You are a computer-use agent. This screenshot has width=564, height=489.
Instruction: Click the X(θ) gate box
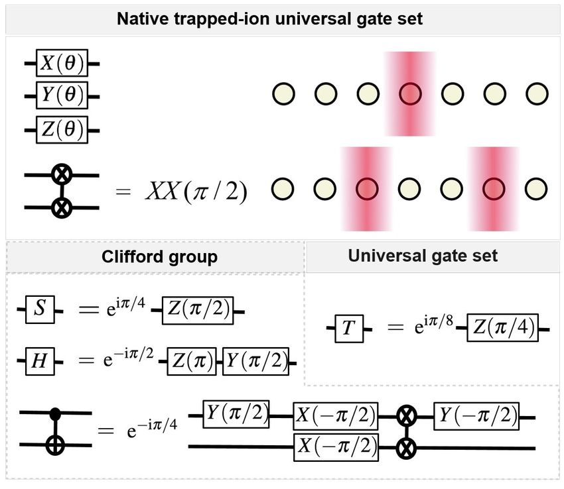(x=62, y=64)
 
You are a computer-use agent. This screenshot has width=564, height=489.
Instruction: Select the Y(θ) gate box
(x=62, y=96)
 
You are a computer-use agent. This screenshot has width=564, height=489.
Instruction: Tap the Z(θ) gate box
(x=62, y=129)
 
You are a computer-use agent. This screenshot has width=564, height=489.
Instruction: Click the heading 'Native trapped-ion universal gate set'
(x=269, y=18)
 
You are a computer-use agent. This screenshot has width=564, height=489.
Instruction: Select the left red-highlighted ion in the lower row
(x=366, y=189)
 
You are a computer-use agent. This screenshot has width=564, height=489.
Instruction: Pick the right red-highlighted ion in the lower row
(x=492, y=189)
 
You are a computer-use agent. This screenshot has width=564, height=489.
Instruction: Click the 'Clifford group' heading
(x=159, y=257)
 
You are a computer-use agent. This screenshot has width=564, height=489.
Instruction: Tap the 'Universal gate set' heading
(x=423, y=255)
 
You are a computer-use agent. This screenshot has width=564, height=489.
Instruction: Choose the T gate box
(x=348, y=327)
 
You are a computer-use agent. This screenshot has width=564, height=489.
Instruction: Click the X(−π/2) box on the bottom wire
(x=336, y=447)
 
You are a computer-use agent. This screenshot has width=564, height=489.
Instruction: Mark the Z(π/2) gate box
(x=197, y=310)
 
